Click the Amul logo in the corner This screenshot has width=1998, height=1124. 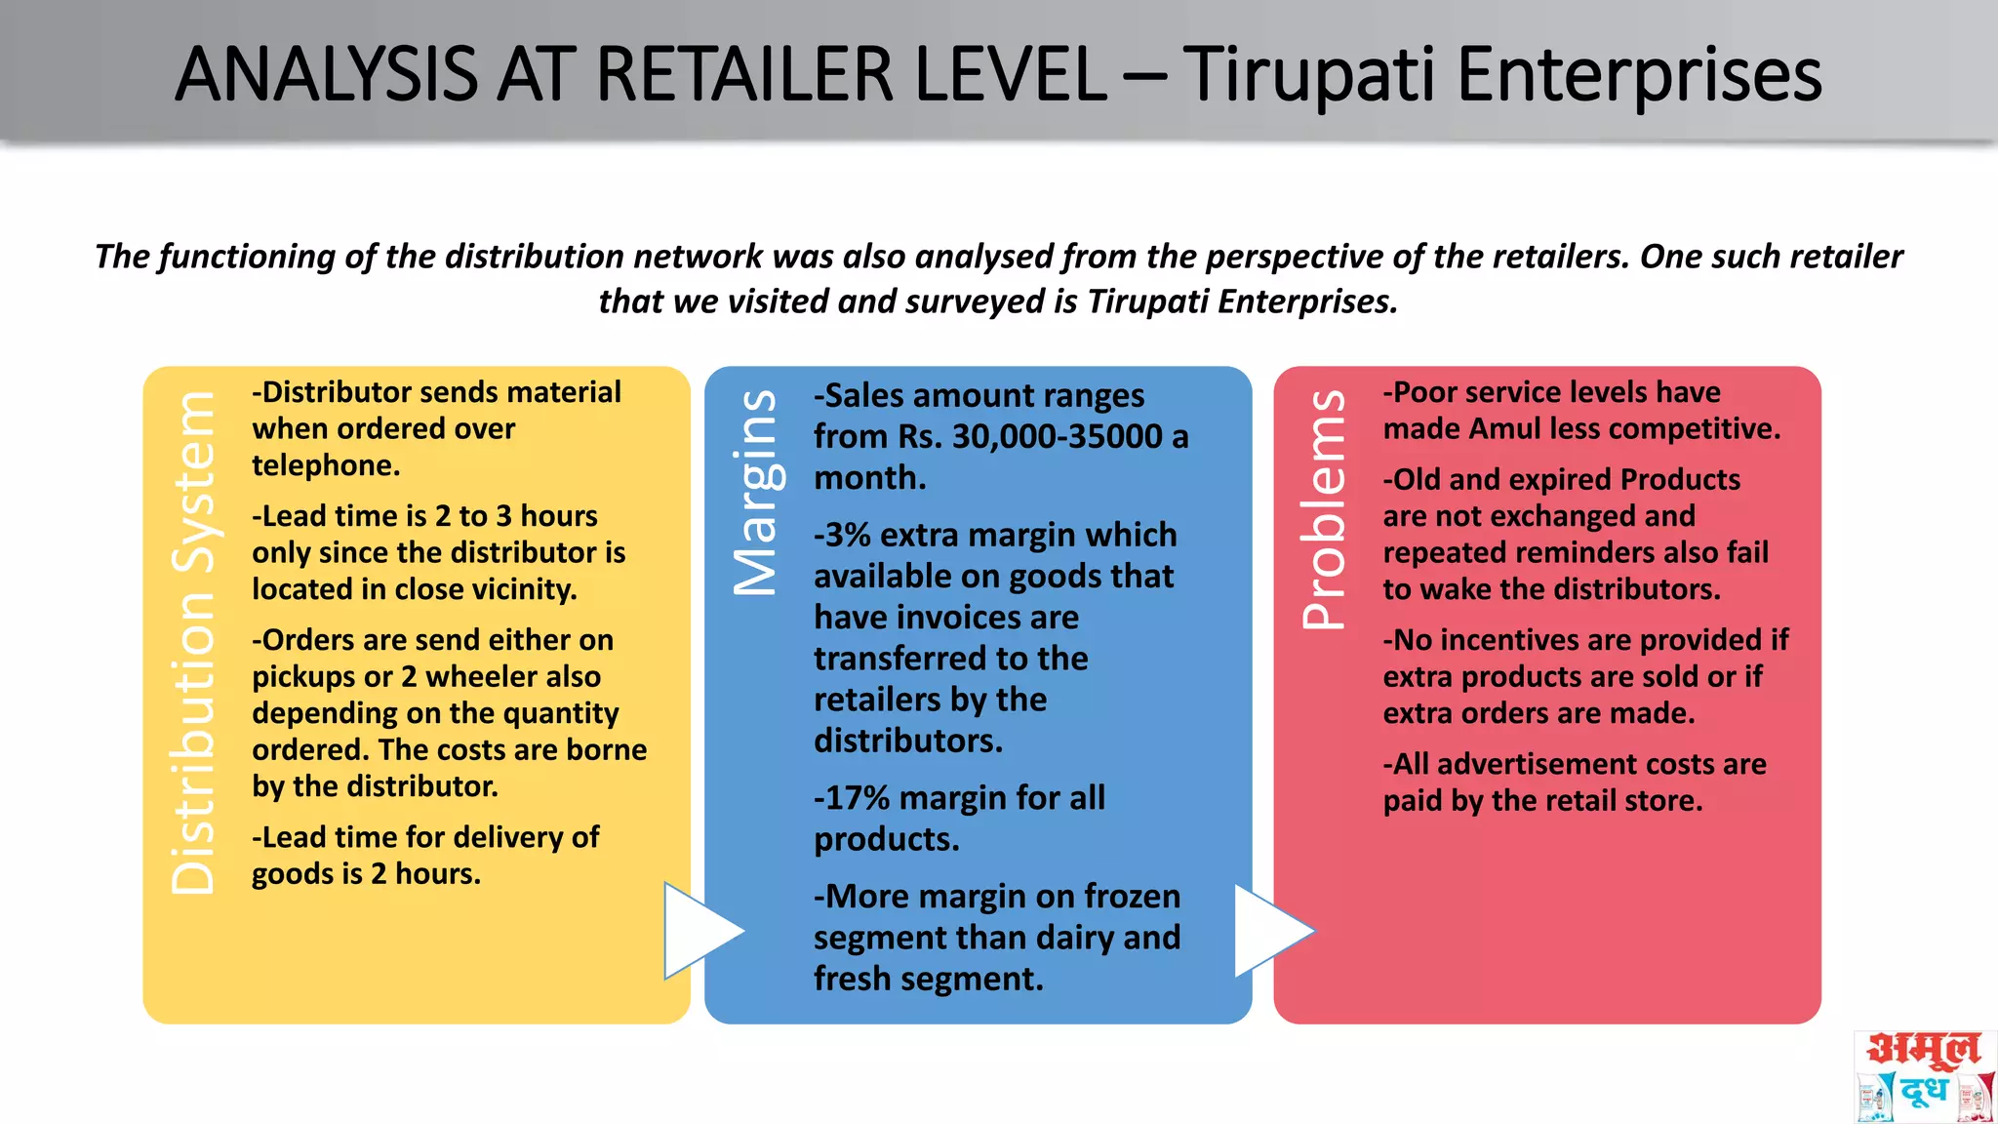[1924, 1075]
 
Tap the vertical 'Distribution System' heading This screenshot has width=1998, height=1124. [192, 643]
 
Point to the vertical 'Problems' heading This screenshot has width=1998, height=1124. [1324, 508]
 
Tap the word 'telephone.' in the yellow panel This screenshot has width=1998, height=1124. [326, 465]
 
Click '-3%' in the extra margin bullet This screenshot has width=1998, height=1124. [842, 535]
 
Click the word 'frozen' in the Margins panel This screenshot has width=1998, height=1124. [1132, 896]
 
